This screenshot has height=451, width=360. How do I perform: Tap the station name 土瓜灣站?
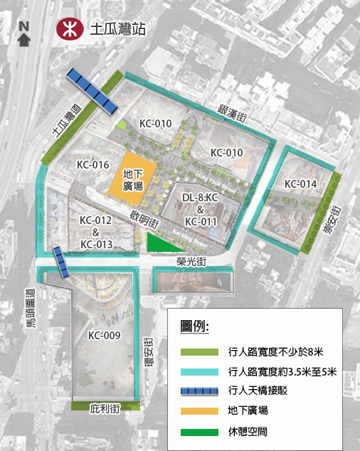pos(118,30)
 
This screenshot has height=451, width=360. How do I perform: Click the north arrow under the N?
pos(24,40)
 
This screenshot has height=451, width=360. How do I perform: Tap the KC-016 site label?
pos(92,164)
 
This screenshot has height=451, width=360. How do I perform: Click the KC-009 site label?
pos(104,335)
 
